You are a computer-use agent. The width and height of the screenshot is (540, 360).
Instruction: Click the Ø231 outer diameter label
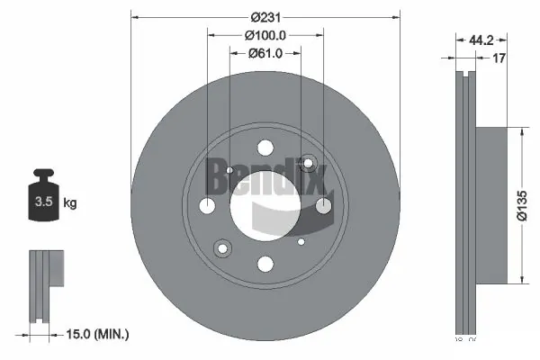tap(265, 17)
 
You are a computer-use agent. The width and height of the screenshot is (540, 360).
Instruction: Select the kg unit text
tap(70, 203)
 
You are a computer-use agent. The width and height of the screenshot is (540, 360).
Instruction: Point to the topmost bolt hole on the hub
tap(265, 148)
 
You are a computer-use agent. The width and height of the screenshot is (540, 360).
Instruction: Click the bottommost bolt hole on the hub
tap(265, 264)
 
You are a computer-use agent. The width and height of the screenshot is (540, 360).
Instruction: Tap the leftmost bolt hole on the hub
tap(207, 206)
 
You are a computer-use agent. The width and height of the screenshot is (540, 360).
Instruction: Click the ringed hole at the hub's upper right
tap(309, 163)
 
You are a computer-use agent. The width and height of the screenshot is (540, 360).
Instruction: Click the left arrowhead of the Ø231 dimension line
tap(135, 16)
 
